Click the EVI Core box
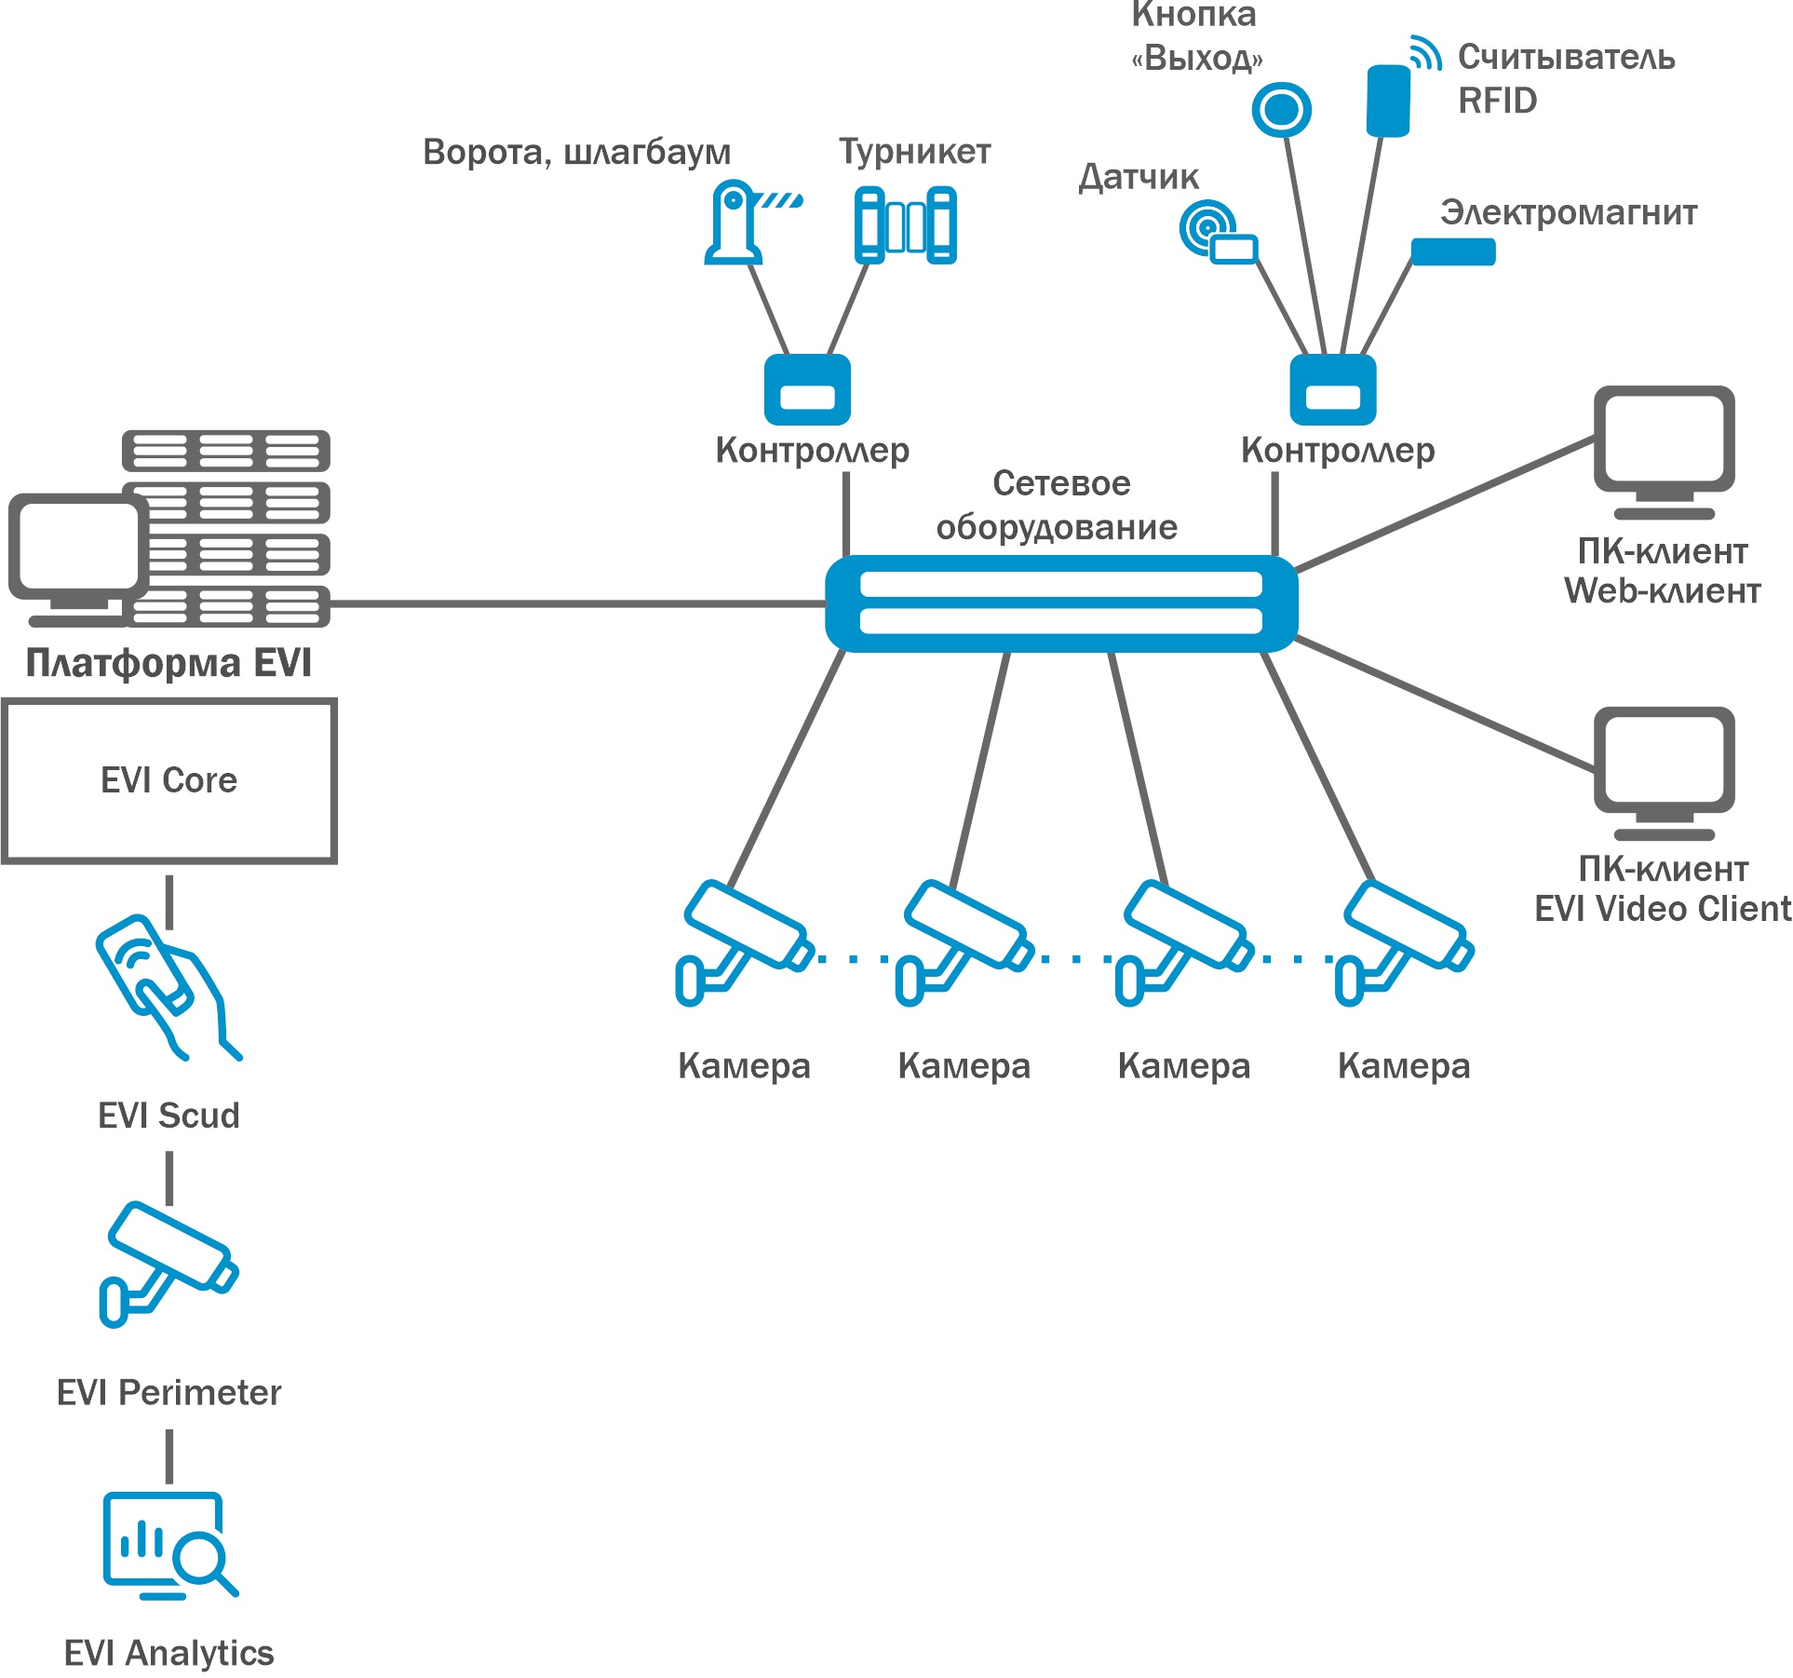[x=169, y=780]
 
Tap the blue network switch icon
[x=1060, y=603]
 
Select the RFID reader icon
[x=1388, y=100]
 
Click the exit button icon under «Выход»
[x=1281, y=110]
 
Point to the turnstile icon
[x=905, y=225]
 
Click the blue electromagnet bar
[x=1452, y=251]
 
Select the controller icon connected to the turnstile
[x=807, y=390]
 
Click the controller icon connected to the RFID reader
[x=1332, y=390]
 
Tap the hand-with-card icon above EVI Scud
[x=166, y=987]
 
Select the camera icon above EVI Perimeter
[x=169, y=1263]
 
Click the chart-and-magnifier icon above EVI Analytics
[x=169, y=1546]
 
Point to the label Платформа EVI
[x=169, y=663]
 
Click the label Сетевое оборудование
[x=1058, y=506]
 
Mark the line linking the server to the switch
[x=577, y=604]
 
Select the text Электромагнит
[x=1568, y=213]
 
